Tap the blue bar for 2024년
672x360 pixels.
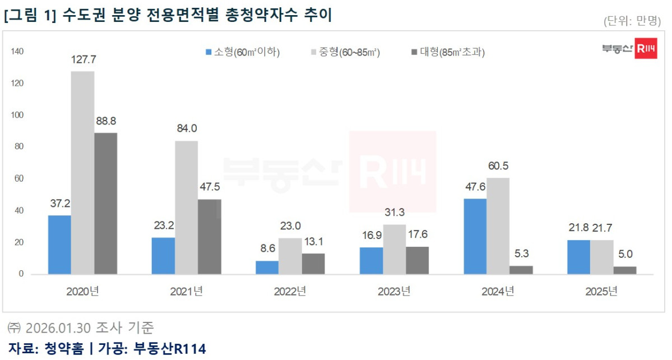475,236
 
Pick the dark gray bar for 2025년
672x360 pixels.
624,270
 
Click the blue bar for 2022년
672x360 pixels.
267,267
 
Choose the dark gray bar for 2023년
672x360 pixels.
417,260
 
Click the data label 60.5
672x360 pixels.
498,167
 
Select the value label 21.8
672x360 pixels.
578,229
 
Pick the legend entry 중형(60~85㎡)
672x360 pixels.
344,53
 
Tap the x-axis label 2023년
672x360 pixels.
393,292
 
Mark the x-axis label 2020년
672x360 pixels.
82,292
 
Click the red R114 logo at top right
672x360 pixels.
646,49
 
